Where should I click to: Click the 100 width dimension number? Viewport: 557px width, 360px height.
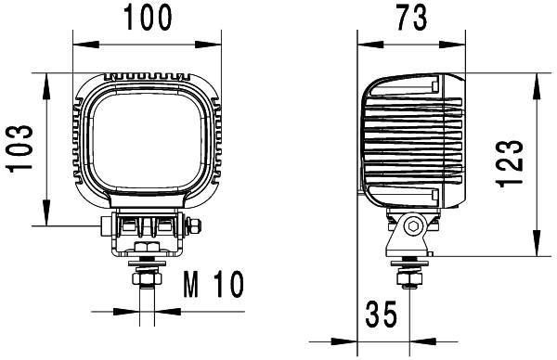tap(148, 16)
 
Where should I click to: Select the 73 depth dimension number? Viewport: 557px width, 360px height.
tap(415, 16)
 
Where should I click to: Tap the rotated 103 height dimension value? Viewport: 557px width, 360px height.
tap(20, 148)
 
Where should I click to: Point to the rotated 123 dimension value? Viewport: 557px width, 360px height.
tap(511, 164)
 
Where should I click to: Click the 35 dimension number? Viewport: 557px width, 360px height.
tap(380, 315)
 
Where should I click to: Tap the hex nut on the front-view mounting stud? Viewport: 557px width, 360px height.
tap(146, 277)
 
